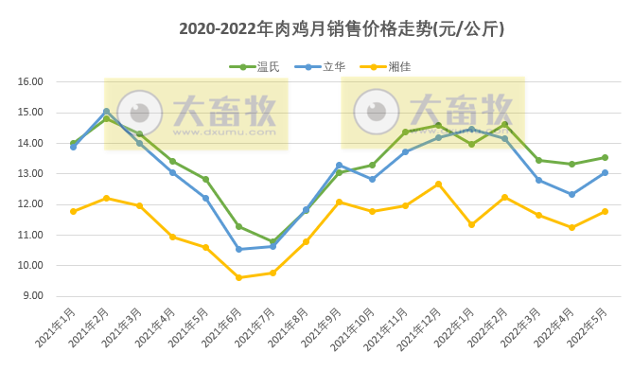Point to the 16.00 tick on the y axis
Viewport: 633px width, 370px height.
32,81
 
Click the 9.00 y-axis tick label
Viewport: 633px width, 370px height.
32,296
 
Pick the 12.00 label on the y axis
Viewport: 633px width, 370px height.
32,204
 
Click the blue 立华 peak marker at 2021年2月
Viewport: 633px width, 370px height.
106,111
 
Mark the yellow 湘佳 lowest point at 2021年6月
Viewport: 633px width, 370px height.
238,277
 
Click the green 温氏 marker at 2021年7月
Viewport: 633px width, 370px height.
273,242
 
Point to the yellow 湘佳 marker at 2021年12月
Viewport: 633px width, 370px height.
438,184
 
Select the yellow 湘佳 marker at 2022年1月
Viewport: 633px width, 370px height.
471,224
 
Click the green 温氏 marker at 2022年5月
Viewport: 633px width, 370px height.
605,157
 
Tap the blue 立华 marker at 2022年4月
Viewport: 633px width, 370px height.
571,194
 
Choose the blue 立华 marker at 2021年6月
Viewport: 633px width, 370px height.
238,249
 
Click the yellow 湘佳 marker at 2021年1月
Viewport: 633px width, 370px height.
73,211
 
